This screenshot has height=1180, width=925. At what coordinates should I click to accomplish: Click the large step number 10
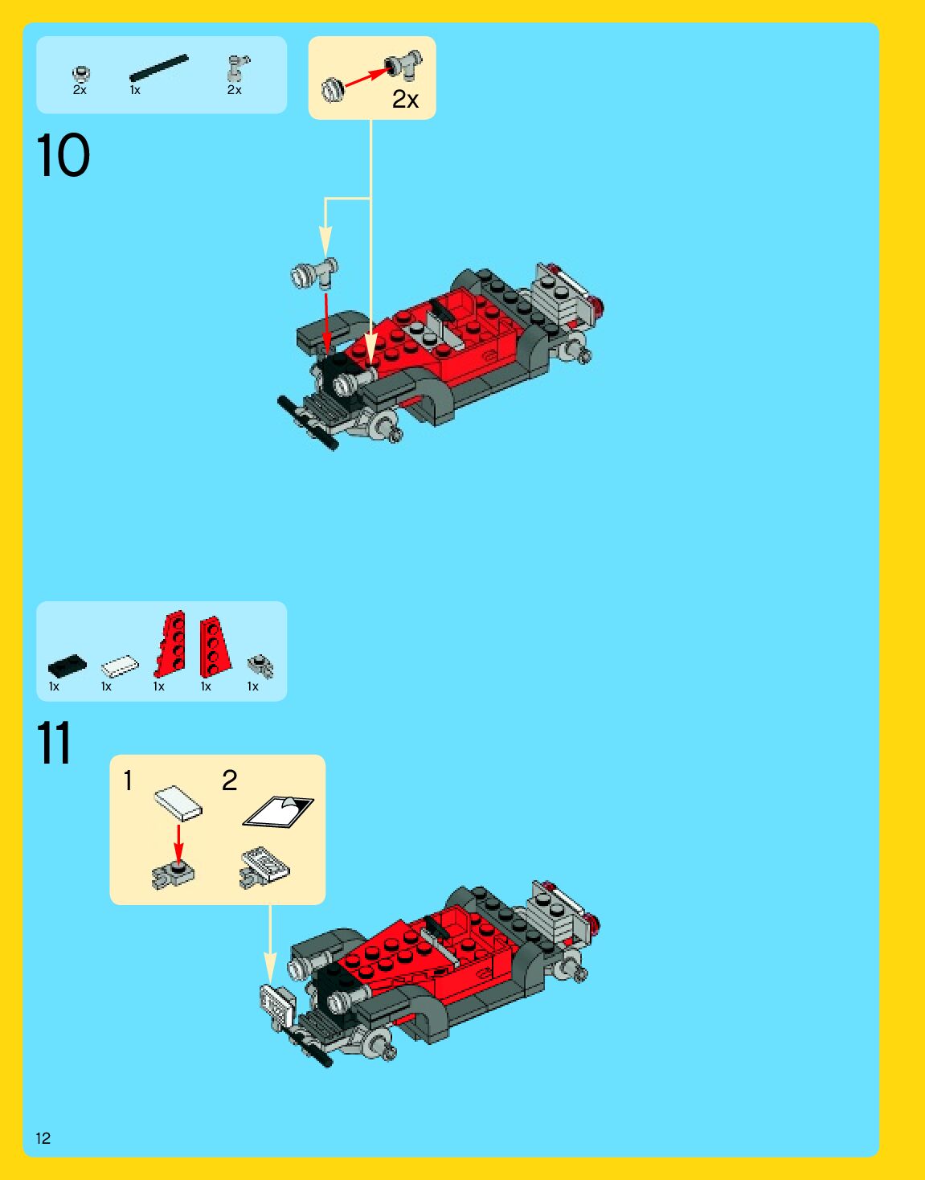[x=63, y=156]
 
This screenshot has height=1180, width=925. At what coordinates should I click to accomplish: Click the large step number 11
[x=54, y=742]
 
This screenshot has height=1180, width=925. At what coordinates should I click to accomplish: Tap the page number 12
[x=43, y=1138]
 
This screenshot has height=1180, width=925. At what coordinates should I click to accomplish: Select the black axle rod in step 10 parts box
[x=159, y=68]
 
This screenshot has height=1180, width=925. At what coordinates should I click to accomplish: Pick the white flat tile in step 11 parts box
[x=120, y=666]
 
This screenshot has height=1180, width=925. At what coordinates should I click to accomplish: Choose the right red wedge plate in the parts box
[x=215, y=646]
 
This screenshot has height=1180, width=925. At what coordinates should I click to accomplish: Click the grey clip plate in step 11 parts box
[x=260, y=666]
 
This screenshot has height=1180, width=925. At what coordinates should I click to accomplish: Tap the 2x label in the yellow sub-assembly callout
[x=406, y=100]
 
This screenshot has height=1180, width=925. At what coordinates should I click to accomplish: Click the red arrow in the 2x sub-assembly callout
[x=367, y=78]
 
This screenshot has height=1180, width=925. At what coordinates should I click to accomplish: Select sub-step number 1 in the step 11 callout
[x=128, y=781]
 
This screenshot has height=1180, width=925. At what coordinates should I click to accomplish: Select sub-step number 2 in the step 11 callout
[x=230, y=781]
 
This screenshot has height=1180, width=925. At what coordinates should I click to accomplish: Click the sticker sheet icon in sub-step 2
[x=278, y=812]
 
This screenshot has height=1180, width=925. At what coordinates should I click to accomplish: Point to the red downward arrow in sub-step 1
[x=178, y=843]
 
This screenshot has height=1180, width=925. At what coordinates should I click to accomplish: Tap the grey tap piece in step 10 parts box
[x=238, y=68]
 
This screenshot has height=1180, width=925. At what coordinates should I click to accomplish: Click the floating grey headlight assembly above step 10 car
[x=315, y=273]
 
